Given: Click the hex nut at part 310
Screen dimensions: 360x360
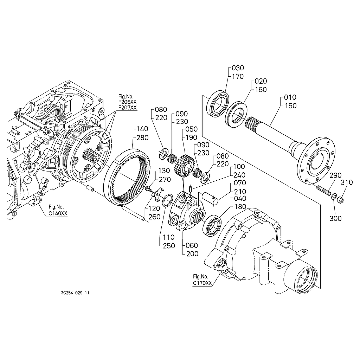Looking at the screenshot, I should pyautogui.click(x=340, y=201).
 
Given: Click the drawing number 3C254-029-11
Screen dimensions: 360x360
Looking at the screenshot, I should pyautogui.click(x=75, y=292).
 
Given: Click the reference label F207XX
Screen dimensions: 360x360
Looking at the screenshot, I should pyautogui.click(x=127, y=107).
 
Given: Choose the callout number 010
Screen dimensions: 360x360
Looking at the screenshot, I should pyautogui.click(x=290, y=97).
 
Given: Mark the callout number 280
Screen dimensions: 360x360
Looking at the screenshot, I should pyautogui.click(x=142, y=138).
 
